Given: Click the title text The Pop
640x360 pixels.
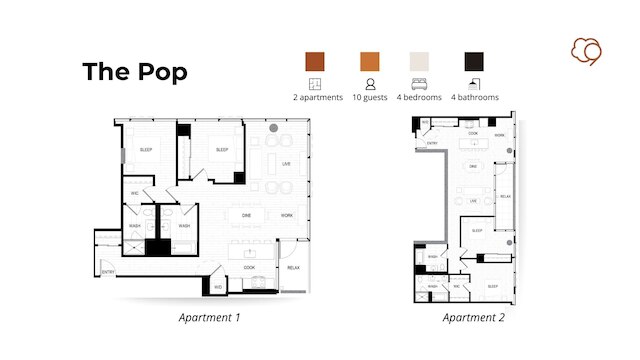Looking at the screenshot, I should [134, 71].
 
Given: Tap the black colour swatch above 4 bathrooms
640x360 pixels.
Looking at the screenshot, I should [474, 61].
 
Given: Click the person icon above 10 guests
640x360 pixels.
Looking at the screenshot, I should [370, 84].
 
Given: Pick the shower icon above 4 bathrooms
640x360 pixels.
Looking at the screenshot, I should [474, 84].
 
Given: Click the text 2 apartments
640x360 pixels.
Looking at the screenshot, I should [318, 98].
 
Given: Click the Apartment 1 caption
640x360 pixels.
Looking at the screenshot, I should [209, 318].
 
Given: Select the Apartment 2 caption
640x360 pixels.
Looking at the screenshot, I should [474, 318].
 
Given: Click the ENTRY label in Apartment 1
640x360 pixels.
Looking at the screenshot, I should [108, 272].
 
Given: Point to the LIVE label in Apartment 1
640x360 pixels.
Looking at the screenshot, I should [286, 164].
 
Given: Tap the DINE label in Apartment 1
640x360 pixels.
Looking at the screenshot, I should [246, 215].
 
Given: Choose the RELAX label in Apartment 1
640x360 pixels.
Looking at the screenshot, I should [293, 267].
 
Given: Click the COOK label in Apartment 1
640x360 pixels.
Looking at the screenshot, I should [249, 267].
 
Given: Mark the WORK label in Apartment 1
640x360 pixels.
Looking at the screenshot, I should [287, 215].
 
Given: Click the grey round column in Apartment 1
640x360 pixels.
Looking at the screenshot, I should [273, 128].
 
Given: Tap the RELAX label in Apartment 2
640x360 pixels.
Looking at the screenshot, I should [505, 196].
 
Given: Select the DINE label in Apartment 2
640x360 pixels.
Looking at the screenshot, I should [473, 164].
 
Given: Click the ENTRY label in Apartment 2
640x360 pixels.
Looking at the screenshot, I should [432, 143].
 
